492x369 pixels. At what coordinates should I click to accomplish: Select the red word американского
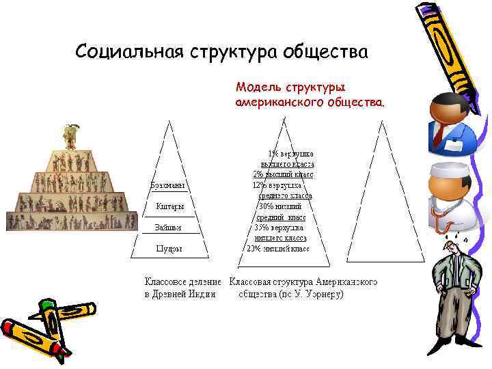[273, 102]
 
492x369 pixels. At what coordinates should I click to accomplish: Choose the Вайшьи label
[168, 228]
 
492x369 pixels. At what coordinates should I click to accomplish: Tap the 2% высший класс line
[283, 174]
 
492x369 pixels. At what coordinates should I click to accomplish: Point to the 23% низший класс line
[277, 249]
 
